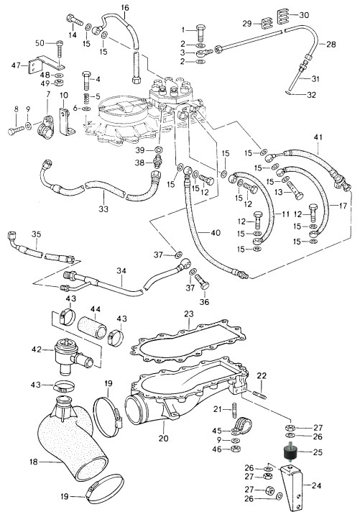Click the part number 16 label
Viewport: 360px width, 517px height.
point(125,7)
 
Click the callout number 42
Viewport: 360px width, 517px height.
point(37,349)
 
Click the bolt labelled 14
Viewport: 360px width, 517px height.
point(75,19)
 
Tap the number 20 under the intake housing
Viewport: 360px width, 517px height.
point(163,438)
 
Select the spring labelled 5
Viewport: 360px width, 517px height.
point(86,97)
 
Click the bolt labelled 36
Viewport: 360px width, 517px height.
point(202,283)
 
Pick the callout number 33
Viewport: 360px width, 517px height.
point(103,209)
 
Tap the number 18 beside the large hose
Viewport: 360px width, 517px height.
point(34,462)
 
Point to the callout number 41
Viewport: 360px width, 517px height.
point(318,137)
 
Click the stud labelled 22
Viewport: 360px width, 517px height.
point(260,394)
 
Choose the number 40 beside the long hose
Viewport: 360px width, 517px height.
point(216,233)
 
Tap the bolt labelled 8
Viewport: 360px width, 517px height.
point(15,131)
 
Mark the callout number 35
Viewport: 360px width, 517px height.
point(36,234)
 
